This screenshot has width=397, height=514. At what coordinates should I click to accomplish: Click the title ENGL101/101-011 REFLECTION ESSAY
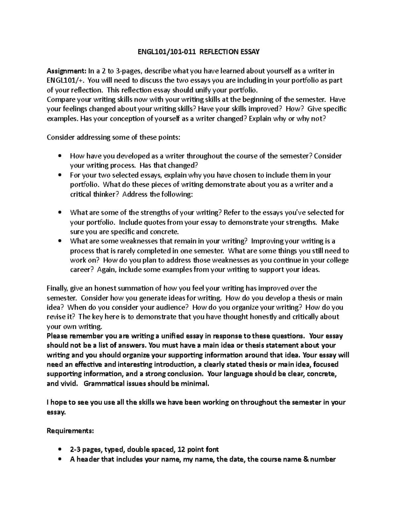coord(198,52)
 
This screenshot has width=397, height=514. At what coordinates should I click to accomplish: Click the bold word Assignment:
coord(66,71)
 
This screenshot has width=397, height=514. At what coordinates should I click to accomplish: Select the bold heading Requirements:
coord(70,431)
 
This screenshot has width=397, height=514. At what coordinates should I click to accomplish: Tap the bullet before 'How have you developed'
coord(60,156)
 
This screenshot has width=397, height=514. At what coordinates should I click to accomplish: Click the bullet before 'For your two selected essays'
coord(60,175)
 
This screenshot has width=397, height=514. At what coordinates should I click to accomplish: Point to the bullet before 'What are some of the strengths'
coord(60,213)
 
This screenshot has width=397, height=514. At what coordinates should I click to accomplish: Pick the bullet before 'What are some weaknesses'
coord(60,241)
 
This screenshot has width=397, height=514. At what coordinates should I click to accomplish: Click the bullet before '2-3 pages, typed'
coord(60,450)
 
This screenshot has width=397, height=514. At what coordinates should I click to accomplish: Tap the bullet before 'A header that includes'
coord(60,459)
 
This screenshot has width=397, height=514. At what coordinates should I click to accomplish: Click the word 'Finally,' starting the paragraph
coord(57,288)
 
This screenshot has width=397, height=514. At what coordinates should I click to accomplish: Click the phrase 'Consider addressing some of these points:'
coord(114,137)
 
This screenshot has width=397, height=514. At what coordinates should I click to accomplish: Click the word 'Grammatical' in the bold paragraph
coord(104,384)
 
